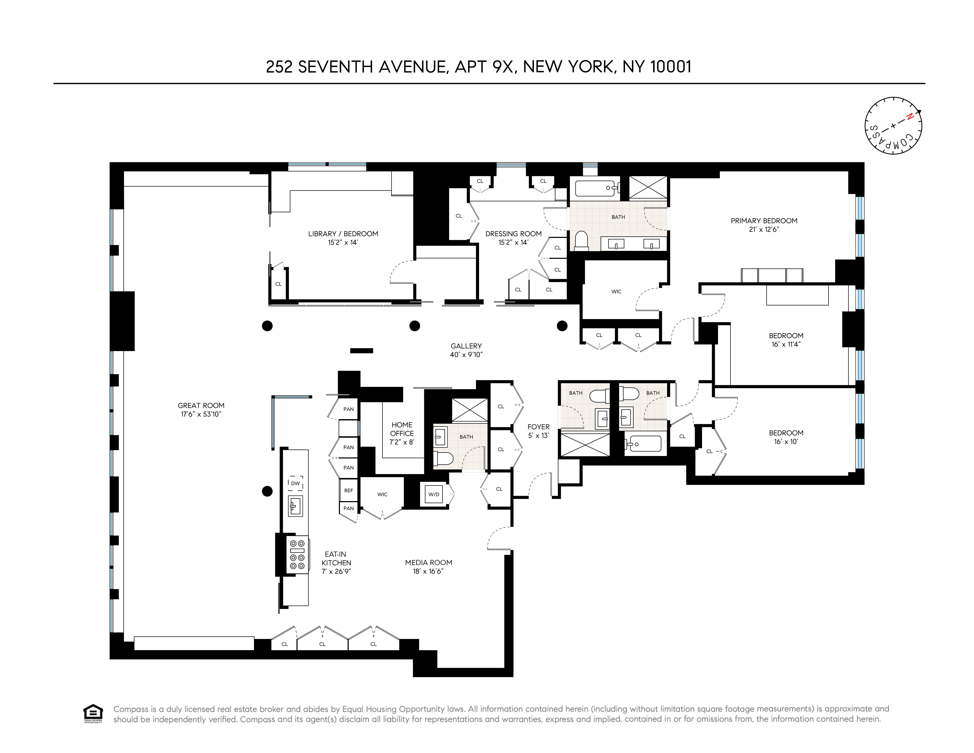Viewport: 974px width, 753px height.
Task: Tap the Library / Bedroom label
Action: pos(343,234)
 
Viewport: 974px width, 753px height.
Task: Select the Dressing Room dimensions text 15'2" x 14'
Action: pos(513,243)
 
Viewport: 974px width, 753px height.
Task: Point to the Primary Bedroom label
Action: pos(764,221)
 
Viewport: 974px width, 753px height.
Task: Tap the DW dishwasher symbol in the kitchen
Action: pos(295,483)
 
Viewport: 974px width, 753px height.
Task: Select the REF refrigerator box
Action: pos(348,490)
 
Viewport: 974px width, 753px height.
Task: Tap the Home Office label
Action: pos(402,429)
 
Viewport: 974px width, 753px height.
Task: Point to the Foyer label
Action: pos(538,427)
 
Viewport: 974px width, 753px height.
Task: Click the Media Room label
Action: pos(428,563)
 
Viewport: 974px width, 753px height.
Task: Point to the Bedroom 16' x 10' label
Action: pos(786,433)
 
